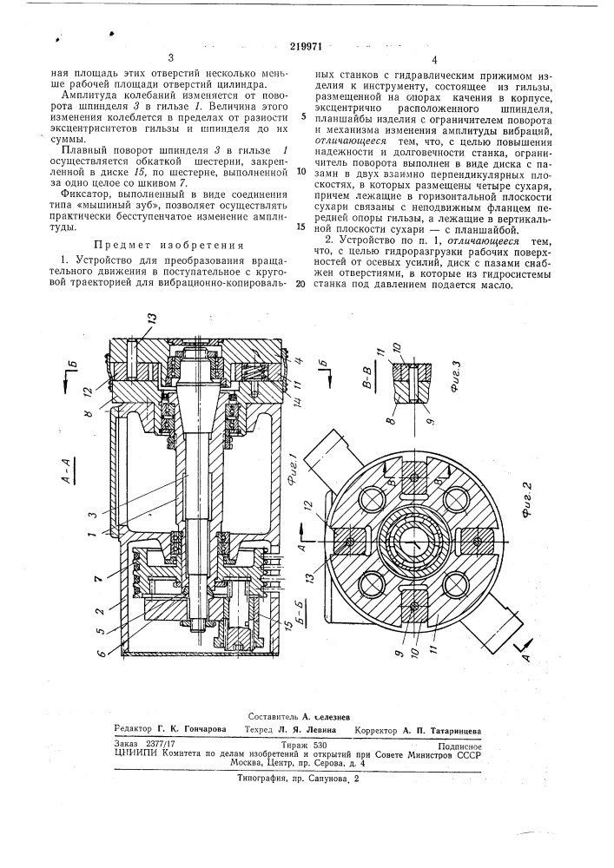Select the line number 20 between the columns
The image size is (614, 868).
point(300,284)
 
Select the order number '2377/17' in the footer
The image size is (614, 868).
point(163,746)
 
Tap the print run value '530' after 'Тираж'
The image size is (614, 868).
point(319,746)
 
